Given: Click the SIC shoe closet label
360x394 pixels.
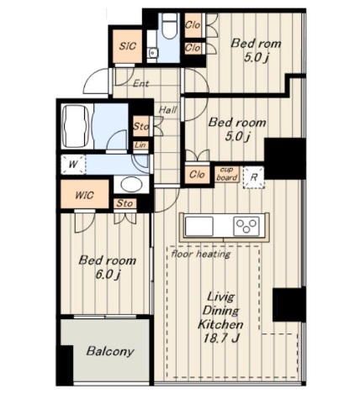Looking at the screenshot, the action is click(x=128, y=46).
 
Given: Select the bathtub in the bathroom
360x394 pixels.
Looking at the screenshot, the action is click(x=76, y=126).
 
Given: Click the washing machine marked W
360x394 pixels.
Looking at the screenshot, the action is click(x=73, y=164).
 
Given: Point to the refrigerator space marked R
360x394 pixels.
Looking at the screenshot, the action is click(x=254, y=177).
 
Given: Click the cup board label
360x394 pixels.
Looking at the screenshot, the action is click(x=227, y=174).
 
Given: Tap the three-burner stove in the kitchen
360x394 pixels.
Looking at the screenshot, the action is click(x=246, y=226).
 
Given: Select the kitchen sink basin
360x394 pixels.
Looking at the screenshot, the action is click(x=199, y=226).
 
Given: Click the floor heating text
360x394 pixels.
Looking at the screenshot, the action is click(x=201, y=254).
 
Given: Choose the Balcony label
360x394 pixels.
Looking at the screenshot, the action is click(x=110, y=351).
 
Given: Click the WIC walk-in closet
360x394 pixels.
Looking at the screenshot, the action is click(x=84, y=195).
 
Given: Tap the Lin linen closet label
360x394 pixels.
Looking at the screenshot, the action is click(x=140, y=145).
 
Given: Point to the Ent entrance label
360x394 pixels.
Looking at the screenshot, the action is click(x=140, y=83).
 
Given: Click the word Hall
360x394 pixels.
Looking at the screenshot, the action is click(x=167, y=109).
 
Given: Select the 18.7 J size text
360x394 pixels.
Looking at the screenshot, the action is click(x=221, y=339).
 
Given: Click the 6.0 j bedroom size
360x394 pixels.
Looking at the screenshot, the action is click(x=108, y=275).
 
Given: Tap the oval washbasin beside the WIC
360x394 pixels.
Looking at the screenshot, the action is click(x=131, y=185).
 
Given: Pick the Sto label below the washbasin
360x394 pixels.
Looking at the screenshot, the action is click(x=124, y=203).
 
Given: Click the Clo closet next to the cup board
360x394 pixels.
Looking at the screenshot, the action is click(x=197, y=175).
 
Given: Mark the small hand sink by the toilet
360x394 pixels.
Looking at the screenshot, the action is click(x=152, y=53).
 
